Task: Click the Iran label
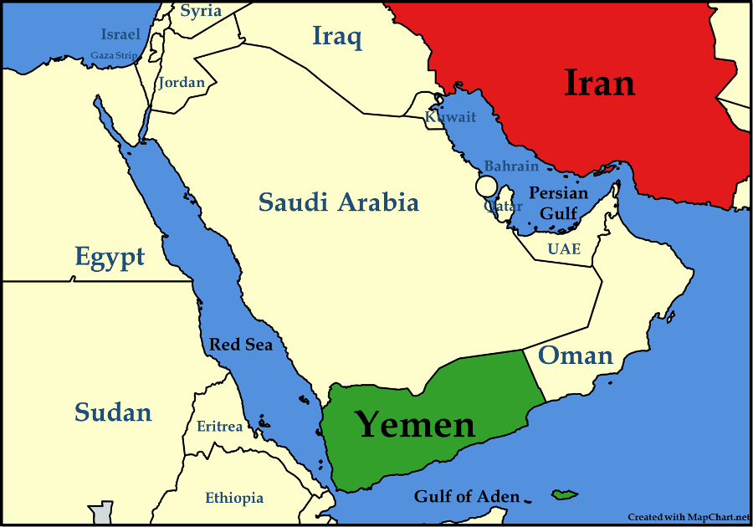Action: click(600, 84)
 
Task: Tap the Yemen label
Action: click(416, 424)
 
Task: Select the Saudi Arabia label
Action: click(338, 202)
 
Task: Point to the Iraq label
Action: click(336, 36)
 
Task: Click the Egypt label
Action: click(110, 257)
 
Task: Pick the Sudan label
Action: click(113, 412)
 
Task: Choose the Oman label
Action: click(575, 355)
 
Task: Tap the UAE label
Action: click(564, 249)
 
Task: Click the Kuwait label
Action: click(451, 118)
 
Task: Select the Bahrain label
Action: click(511, 166)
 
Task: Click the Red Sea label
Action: click(241, 345)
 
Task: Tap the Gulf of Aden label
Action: click(467, 497)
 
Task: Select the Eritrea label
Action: click(220, 427)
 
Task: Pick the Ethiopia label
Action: click(234, 498)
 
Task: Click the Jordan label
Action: click(182, 82)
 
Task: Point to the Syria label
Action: click(201, 11)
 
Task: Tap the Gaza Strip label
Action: click(114, 56)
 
